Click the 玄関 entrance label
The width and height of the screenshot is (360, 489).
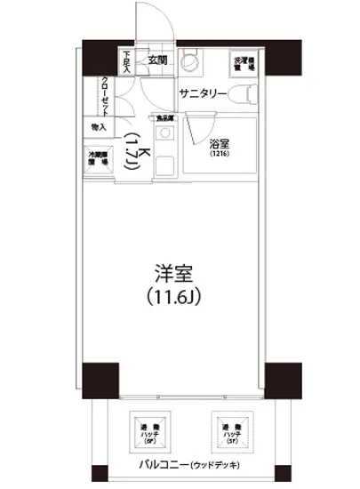pos(158,61)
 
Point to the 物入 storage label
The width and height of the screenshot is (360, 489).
pos(99,127)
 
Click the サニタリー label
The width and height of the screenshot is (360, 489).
pos(203,93)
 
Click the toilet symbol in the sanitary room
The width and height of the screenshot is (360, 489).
pos(251,92)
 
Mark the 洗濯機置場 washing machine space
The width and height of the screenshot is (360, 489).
pos(244,63)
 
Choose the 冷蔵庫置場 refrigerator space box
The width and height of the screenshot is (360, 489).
pos(98,159)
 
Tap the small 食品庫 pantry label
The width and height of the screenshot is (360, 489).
pos(165,116)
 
